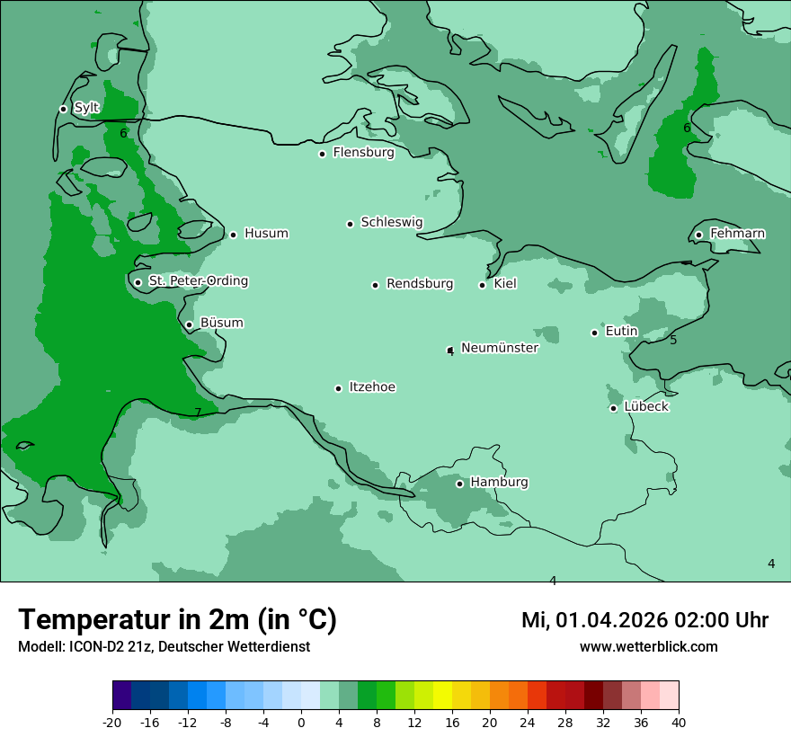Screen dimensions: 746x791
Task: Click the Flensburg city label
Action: (363, 153)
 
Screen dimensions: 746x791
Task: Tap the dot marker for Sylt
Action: (63, 109)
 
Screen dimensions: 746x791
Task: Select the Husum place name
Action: (266, 234)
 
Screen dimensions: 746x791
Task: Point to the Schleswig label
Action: (391, 222)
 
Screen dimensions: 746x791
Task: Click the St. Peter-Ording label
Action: (198, 281)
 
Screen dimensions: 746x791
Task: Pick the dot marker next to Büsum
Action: (189, 324)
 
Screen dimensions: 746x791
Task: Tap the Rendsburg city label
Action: (419, 284)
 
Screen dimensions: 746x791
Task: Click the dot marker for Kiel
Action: (483, 285)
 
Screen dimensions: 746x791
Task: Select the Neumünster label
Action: (499, 348)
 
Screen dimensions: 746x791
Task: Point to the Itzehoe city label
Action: (372, 387)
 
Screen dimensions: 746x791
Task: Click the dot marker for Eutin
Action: (594, 333)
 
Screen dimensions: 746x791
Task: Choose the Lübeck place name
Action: (646, 406)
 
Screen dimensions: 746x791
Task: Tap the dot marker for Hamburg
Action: (459, 484)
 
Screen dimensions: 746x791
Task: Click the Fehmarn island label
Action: (737, 234)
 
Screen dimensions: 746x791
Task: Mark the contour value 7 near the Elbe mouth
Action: (198, 413)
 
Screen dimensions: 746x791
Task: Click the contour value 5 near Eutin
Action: (673, 340)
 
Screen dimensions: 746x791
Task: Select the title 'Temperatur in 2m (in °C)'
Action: (177, 619)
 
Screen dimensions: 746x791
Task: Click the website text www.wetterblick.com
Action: (648, 646)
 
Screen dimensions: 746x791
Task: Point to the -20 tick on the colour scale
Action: (112, 723)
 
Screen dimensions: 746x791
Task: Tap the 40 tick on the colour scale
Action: (679, 723)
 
